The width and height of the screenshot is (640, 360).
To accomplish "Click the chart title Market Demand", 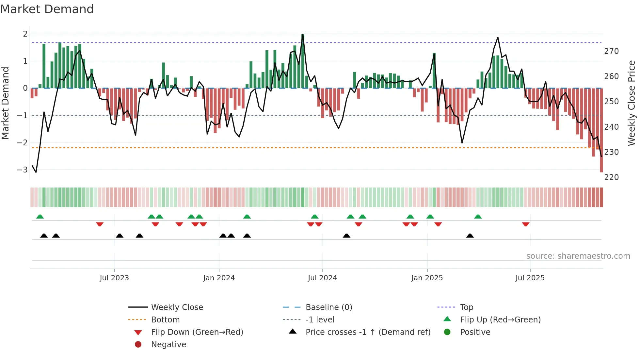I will tap(47, 9).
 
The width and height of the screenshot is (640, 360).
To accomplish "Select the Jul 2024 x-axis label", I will tap(322, 278).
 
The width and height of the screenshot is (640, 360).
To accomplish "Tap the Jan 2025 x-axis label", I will tap(427, 278).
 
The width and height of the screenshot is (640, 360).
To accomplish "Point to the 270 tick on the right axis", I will tap(611, 51).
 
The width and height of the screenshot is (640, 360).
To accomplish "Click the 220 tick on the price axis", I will tap(611, 177).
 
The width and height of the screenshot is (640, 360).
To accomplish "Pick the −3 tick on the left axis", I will tap(22, 170).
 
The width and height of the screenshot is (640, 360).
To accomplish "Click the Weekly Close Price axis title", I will tap(631, 103).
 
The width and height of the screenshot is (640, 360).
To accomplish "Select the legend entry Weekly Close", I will tap(177, 307).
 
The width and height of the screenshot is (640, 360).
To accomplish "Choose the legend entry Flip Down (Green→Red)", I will tap(197, 332).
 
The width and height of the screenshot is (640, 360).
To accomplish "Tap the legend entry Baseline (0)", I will tap(328, 307).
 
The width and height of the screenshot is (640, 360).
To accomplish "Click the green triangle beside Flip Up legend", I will tap(447, 319).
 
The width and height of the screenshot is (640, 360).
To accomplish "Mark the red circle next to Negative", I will tap(138, 345).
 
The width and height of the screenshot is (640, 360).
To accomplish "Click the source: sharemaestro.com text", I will tap(578, 256).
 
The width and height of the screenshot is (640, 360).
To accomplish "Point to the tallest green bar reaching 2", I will tap(303, 61).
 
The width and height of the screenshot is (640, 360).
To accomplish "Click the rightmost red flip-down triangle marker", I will tap(525, 224).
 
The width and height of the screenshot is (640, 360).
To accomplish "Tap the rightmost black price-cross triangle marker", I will tap(470, 236).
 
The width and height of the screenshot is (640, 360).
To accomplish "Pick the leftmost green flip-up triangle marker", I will tap(40, 217).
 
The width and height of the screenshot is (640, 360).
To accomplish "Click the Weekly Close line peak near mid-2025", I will tap(498, 38).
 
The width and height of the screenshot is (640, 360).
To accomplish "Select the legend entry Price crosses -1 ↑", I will tap(368, 332).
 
